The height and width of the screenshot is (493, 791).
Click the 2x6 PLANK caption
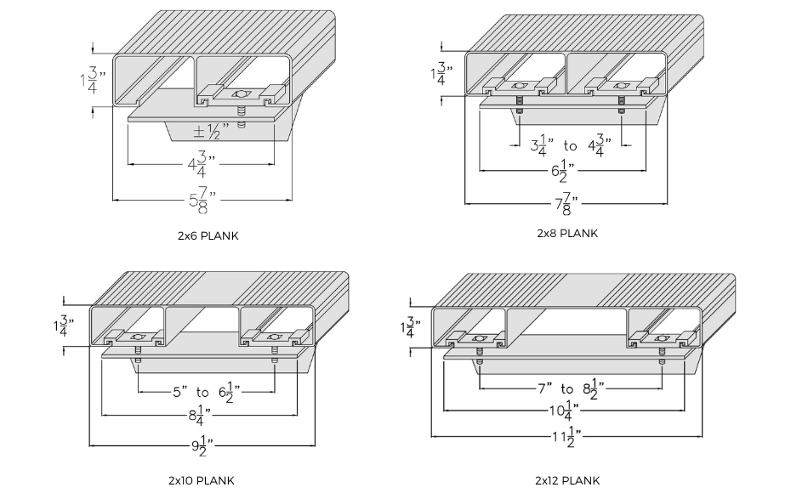coord(208,236)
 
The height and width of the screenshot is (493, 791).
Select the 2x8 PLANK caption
coord(567,233)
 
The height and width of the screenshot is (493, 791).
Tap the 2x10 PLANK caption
coord(202,481)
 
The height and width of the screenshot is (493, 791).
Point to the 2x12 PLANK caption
coord(567,481)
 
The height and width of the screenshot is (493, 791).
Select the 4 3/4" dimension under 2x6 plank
coord(202,162)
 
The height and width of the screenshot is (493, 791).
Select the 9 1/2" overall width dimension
coord(202,444)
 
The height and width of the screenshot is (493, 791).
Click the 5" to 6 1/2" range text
coord(207,392)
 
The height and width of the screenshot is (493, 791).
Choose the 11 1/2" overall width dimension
coord(567,437)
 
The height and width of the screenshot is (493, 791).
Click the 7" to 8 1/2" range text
coord(569,388)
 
